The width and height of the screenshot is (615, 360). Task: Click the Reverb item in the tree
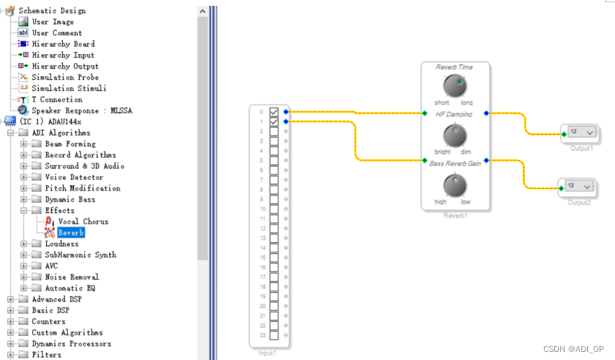click(71, 233)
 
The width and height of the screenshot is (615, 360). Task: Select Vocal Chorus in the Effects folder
click(83, 222)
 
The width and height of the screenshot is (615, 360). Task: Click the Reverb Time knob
click(454, 85)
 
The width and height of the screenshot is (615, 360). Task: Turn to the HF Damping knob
click(454, 134)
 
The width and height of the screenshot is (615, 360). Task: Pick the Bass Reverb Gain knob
click(454, 184)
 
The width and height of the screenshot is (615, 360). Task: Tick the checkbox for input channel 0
click(274, 111)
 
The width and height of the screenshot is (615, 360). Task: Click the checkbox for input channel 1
click(274, 121)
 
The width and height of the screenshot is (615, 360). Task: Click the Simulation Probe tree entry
click(65, 78)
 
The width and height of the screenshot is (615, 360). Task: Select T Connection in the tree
click(57, 100)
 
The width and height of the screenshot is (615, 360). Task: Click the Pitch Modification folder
click(83, 188)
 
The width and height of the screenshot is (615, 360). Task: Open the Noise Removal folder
click(72, 277)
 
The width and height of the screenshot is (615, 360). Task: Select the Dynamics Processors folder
click(71, 344)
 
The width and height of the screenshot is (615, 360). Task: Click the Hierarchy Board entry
click(63, 44)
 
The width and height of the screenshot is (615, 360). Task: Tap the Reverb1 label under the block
click(455, 216)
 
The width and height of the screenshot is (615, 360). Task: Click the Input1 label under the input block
click(268, 353)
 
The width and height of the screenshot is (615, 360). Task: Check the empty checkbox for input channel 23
click(274, 335)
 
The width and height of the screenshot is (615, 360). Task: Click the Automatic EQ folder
click(70, 288)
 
